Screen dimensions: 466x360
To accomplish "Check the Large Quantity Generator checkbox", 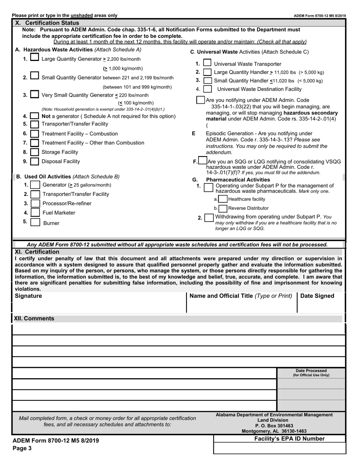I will [x=34, y=58].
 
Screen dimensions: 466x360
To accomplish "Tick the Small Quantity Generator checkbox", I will [x=34, y=76].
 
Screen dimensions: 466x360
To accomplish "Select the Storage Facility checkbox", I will [x=34, y=152].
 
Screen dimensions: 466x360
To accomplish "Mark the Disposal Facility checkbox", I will [x=34, y=162].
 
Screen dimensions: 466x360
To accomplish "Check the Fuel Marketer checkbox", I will [x=35, y=213].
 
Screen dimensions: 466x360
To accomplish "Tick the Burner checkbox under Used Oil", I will [x=35, y=222].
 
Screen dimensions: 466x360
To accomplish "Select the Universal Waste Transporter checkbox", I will [x=207, y=63].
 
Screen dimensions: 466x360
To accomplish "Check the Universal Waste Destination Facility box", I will [x=207, y=89].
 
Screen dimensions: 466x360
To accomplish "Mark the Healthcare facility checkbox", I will [x=223, y=199].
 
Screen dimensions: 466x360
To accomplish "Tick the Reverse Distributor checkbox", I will [x=223, y=208].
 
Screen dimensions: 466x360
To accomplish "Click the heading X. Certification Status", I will [x=47, y=23].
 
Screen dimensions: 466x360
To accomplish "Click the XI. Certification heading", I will [x=37, y=252].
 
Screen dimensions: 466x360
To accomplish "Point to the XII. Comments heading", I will [x=34, y=319].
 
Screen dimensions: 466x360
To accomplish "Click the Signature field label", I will [x=28, y=296].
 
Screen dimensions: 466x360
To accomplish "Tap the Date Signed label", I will [x=317, y=296].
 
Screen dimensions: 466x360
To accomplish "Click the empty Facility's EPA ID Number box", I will [x=280, y=448].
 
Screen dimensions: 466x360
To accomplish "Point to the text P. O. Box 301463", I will [x=274, y=426].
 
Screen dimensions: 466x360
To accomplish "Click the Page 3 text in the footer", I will [x=22, y=449].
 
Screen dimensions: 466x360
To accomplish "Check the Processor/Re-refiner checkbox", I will [x=35, y=203].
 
